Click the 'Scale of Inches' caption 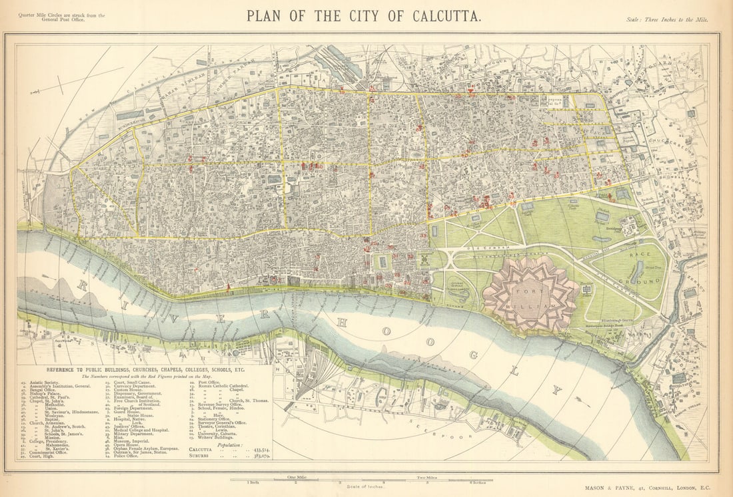pos(366,487)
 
